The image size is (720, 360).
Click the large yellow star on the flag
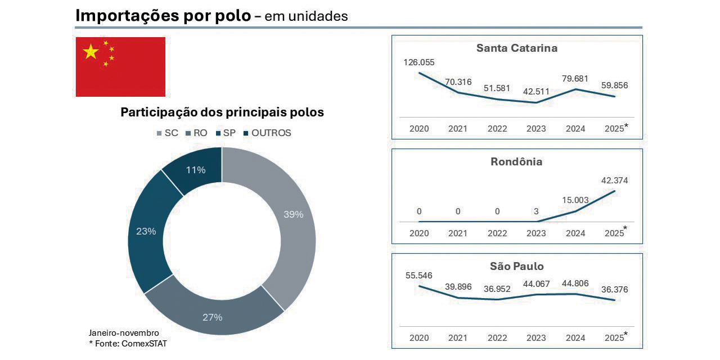click(x=91, y=52)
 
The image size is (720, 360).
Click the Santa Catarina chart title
click(x=516, y=48)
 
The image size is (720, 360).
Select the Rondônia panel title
click(x=516, y=162)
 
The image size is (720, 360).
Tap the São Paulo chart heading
click(x=516, y=266)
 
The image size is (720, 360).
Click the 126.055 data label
click(x=419, y=62)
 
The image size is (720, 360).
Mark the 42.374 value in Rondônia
click(x=614, y=181)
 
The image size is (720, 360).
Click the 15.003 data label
click(x=575, y=200)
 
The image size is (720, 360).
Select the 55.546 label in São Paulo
click(x=419, y=276)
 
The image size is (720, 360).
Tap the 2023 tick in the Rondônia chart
click(x=536, y=233)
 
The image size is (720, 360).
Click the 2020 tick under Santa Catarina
click(x=419, y=129)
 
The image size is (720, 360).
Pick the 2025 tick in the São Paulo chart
click(x=614, y=338)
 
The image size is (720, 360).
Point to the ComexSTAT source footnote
click(x=128, y=344)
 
